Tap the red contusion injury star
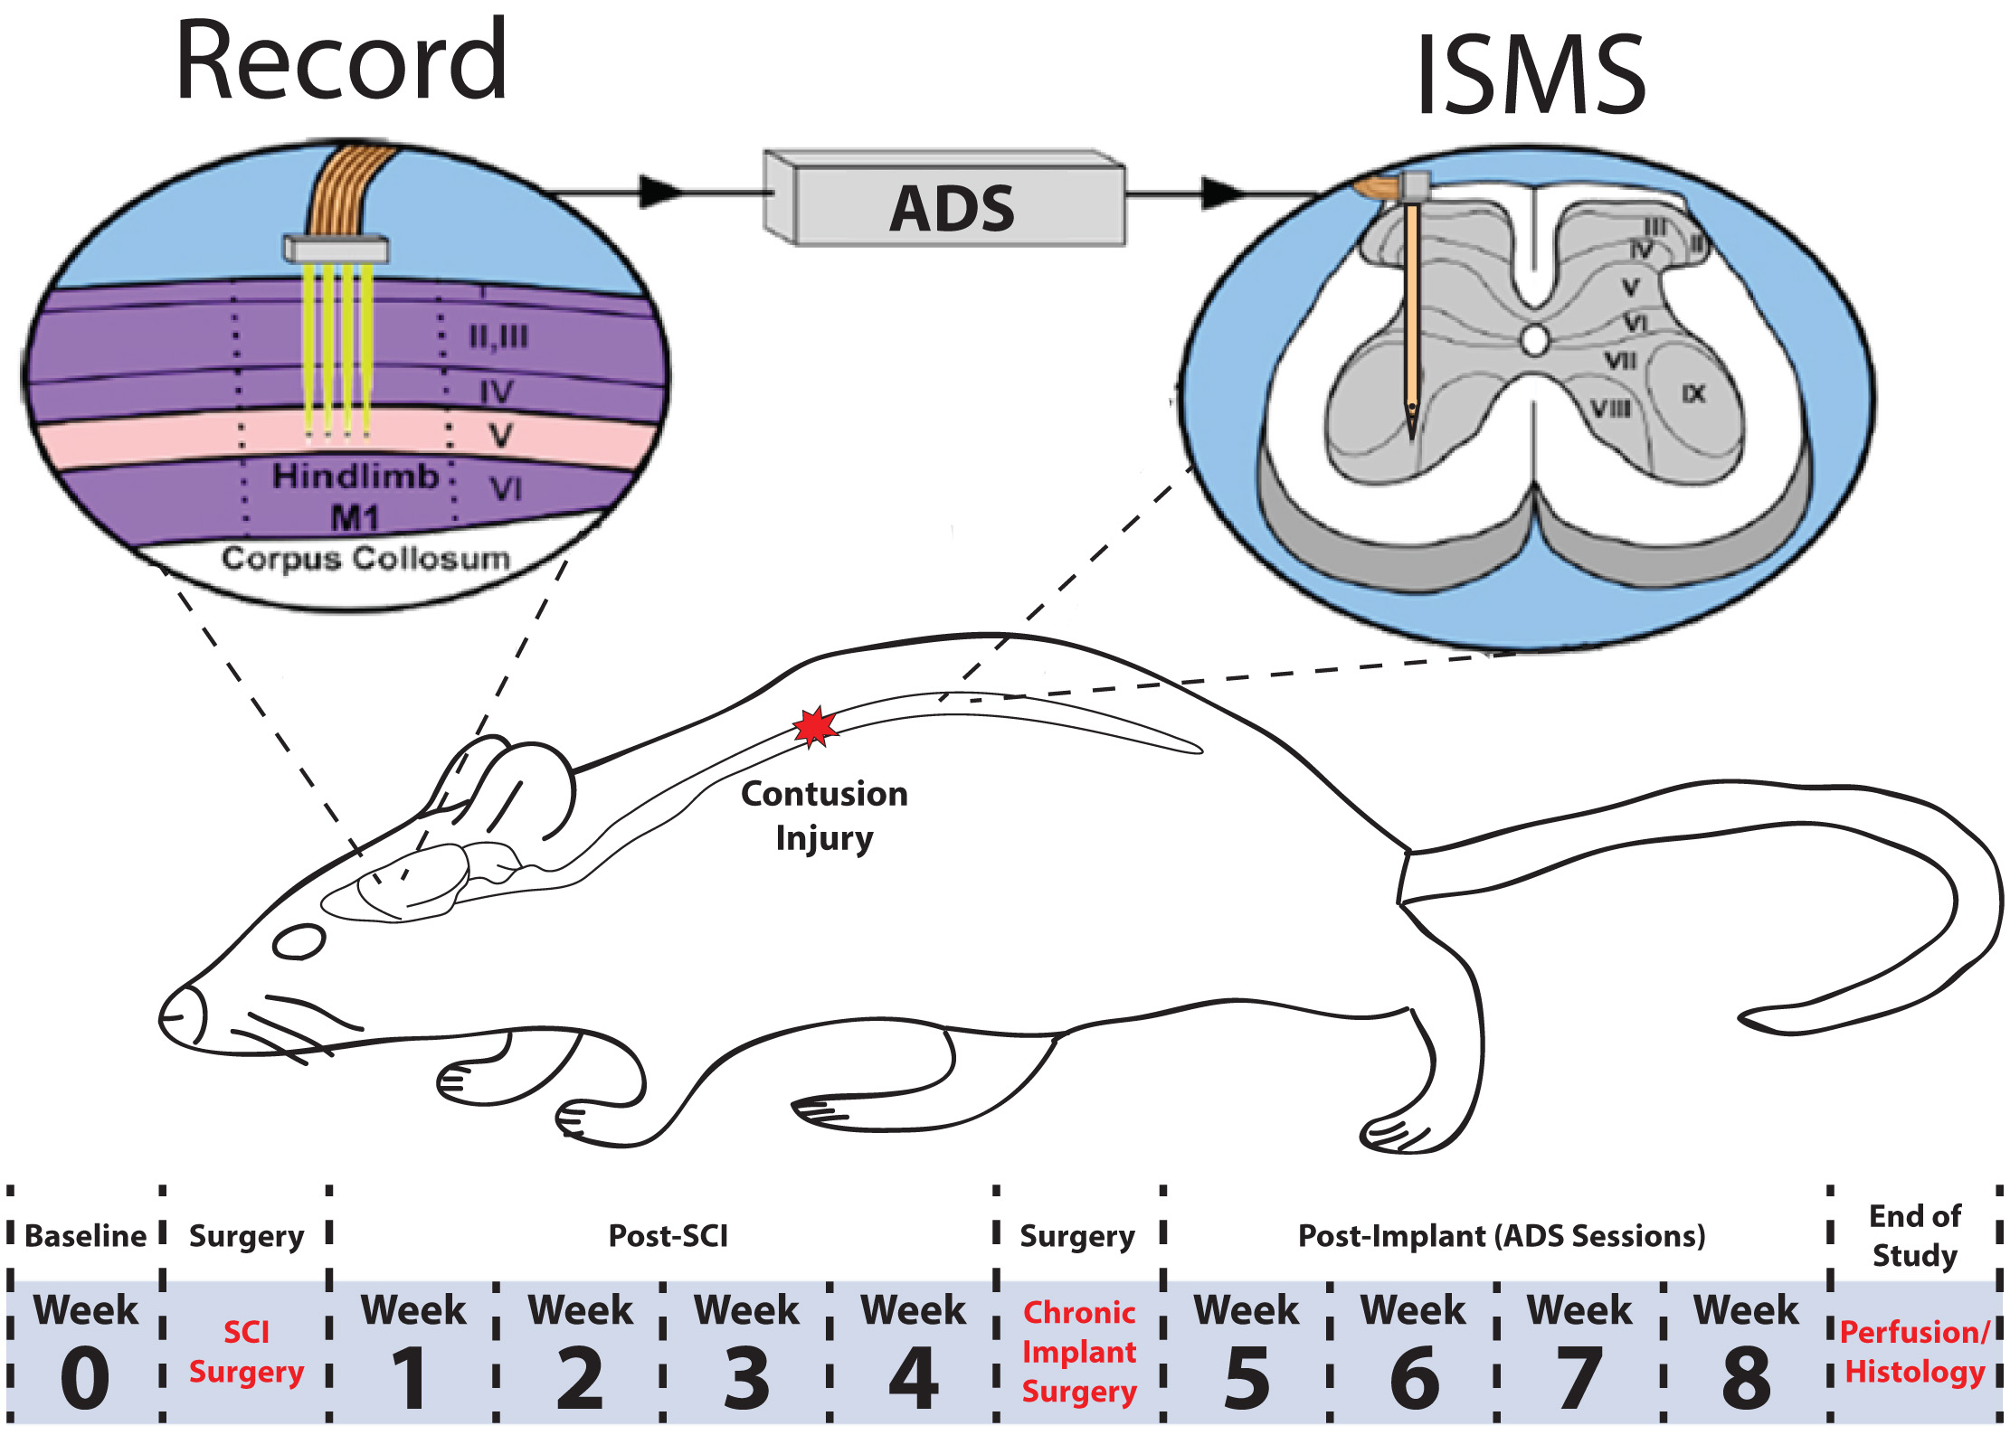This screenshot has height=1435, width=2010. (x=815, y=727)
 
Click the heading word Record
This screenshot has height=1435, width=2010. (x=341, y=61)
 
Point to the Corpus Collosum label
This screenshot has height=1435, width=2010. (x=365, y=558)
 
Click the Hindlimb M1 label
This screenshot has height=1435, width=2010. (x=356, y=496)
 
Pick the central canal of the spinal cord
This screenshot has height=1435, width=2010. (x=1535, y=341)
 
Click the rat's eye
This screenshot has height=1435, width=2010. (x=299, y=941)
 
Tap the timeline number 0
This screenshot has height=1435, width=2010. (x=85, y=1378)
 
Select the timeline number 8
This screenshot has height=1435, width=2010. (x=1746, y=1378)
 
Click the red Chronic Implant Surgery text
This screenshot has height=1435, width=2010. (x=1079, y=1352)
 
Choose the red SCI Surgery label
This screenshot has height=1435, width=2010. (x=246, y=1352)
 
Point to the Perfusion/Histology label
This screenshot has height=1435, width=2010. (x=1915, y=1352)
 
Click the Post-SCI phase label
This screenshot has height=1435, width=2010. (x=668, y=1236)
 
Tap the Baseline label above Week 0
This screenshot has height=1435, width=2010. (x=85, y=1236)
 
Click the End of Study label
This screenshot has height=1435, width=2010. (x=1915, y=1235)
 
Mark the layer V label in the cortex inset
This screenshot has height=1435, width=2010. (x=500, y=436)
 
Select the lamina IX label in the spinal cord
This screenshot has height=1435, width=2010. (x=1693, y=394)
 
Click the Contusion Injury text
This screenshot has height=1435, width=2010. (x=824, y=816)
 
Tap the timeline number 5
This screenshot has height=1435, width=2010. (x=1247, y=1378)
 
